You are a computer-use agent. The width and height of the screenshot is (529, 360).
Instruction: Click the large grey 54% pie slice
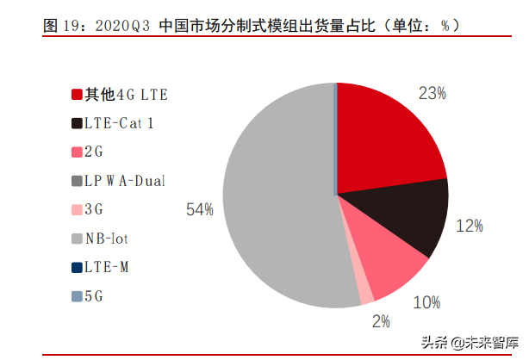pyautogui.click(x=276, y=198)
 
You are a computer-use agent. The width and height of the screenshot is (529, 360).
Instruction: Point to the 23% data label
pyautogui.click(x=431, y=93)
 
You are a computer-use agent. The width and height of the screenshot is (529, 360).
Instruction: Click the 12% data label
pyautogui.click(x=470, y=226)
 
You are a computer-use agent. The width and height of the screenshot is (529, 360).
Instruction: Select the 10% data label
pyautogui.click(x=426, y=302)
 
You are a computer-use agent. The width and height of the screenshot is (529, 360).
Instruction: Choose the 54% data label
pyautogui.click(x=199, y=209)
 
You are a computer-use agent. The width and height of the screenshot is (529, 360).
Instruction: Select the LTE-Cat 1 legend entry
pyautogui.click(x=119, y=122)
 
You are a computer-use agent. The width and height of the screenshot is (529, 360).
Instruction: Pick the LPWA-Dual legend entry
pyautogui.click(x=124, y=181)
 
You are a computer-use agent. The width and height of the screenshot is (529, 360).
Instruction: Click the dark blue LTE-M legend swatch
pyautogui.click(x=77, y=268)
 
